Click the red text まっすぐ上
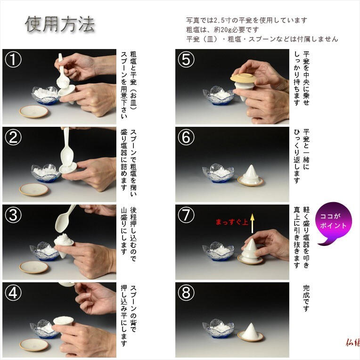click(232, 221)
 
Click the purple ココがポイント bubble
click(333, 223)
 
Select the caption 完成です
click(306, 298)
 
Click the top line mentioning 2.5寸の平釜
click(246, 20)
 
